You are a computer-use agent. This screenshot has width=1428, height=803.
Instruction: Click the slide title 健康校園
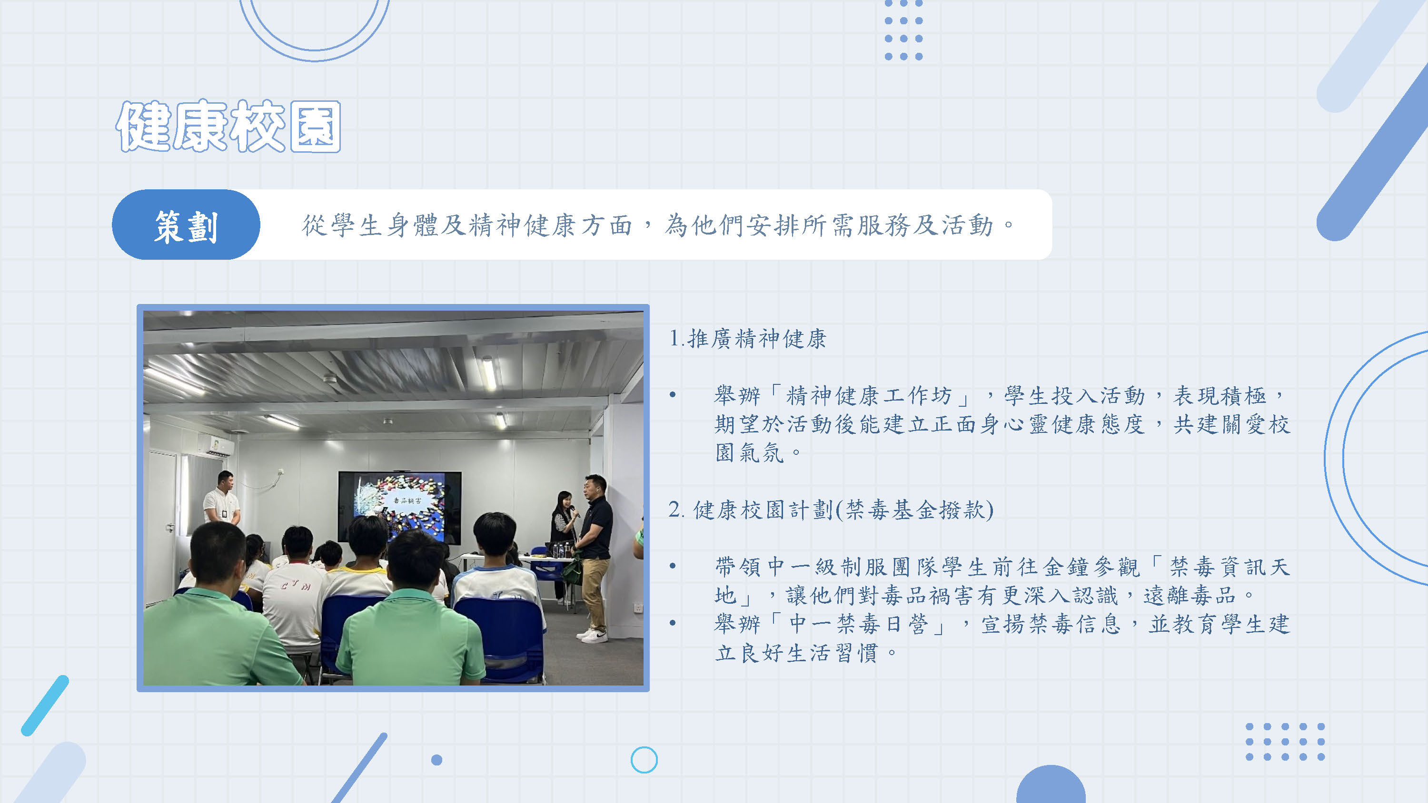228,127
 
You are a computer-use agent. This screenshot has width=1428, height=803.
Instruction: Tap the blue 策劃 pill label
186,225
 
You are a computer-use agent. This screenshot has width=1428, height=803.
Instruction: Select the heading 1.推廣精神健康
747,338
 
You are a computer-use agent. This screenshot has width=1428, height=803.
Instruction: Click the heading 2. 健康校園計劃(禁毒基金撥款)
831,509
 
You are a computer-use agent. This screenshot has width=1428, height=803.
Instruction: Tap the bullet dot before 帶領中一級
673,566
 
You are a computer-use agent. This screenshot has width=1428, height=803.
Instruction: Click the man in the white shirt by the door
222,499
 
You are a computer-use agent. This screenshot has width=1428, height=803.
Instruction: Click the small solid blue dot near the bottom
437,760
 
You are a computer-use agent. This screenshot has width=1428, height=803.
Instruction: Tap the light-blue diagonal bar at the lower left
45,705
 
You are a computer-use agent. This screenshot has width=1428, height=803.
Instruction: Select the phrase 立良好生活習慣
797,653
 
